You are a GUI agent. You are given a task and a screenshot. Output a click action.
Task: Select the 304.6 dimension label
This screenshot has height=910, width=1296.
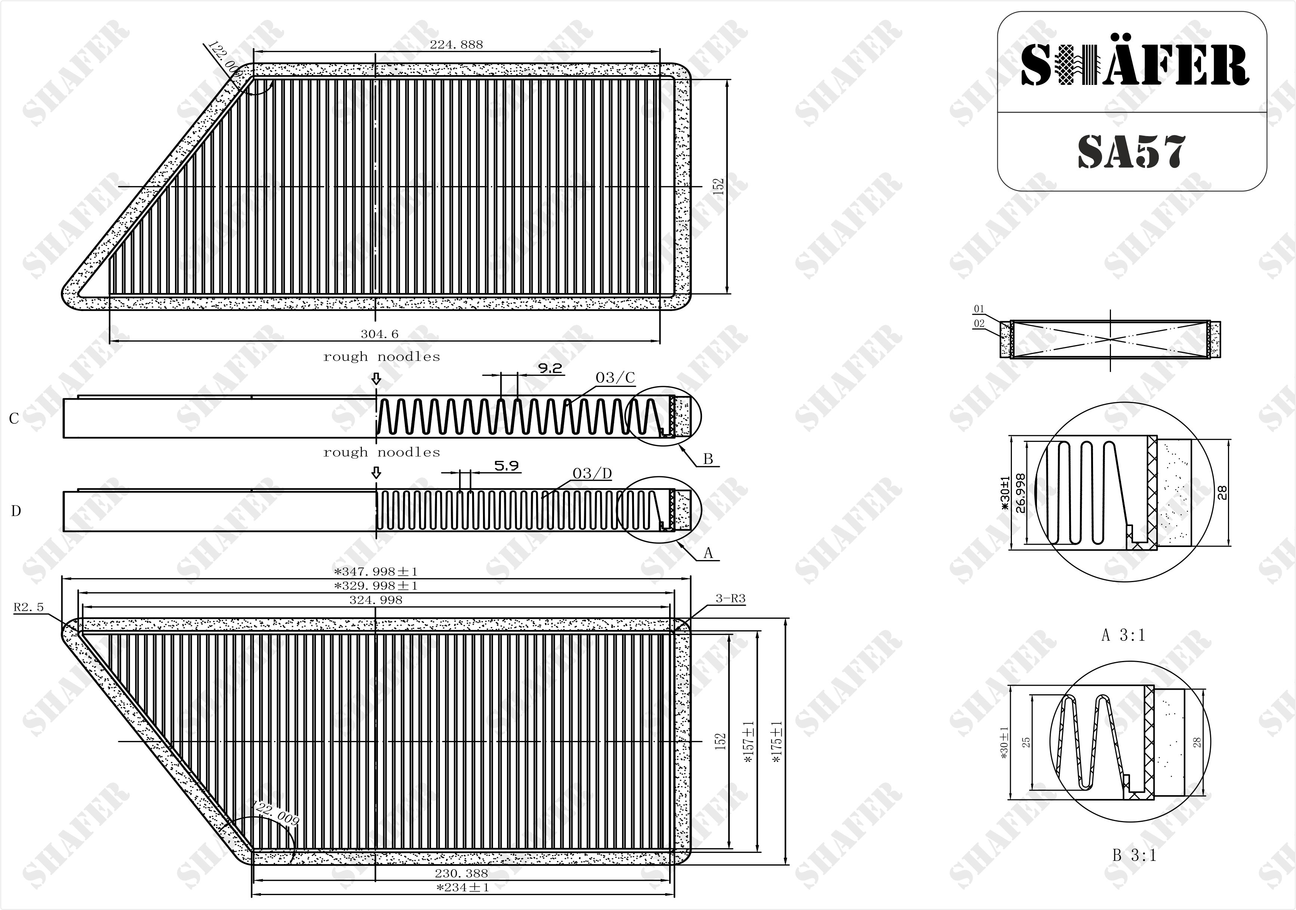(379, 334)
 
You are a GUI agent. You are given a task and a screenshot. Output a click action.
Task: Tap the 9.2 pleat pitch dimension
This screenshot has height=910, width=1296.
(550, 369)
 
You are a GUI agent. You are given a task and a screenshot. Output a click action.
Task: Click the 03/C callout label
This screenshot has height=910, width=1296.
(615, 378)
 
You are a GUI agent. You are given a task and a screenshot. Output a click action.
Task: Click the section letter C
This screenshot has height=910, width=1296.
(14, 418)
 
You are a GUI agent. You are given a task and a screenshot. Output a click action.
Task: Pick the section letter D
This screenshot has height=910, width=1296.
(16, 511)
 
